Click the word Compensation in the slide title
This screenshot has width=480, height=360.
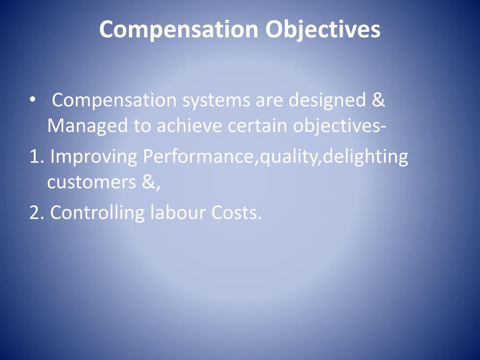[179, 30]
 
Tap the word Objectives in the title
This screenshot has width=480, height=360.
[323, 30]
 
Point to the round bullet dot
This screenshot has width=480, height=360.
[32, 100]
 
